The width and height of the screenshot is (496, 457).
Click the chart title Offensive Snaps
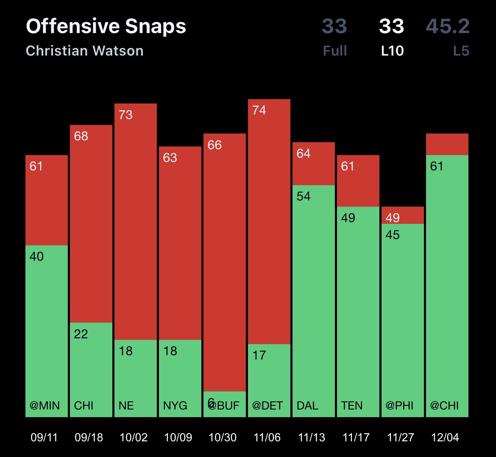[x=106, y=26]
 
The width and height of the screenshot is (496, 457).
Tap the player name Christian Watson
[x=85, y=51]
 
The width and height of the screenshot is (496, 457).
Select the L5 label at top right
[x=461, y=51]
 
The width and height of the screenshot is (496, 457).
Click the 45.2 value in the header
[x=448, y=26]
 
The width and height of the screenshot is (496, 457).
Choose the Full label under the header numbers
[x=335, y=51]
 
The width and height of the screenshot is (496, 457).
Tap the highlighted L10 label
[x=392, y=51]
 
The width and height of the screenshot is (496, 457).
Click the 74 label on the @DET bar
[x=259, y=110]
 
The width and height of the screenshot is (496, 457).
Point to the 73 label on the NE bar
[x=125, y=115]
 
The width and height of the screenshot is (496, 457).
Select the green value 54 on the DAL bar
[x=304, y=196]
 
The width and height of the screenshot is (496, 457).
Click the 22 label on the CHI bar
[x=81, y=334]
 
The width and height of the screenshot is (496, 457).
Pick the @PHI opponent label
[x=399, y=406]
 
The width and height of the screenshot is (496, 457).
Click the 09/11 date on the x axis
[x=44, y=437]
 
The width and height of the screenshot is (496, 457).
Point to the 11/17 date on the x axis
[x=356, y=437]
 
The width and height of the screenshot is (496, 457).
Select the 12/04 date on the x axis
[x=445, y=437]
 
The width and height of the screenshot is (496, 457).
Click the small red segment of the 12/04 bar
[x=447, y=144]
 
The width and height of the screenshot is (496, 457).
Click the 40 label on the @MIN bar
[x=36, y=256]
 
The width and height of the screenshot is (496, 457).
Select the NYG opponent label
[x=175, y=406]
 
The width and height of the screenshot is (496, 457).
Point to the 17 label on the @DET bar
[x=259, y=355]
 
